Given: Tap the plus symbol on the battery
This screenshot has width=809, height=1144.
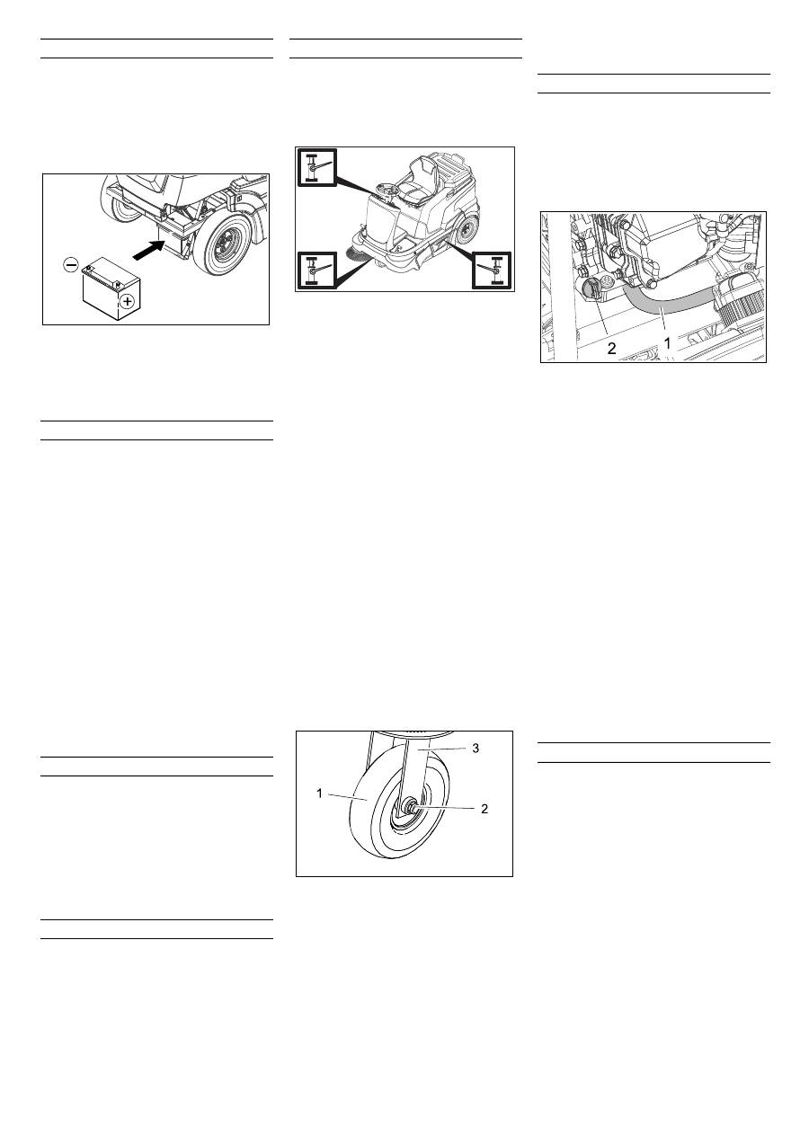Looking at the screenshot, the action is tap(126, 302).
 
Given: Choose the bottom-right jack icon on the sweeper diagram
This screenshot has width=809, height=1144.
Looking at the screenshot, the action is tap(492, 270).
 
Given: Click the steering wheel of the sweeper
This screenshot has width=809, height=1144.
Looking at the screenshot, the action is tap(387, 190).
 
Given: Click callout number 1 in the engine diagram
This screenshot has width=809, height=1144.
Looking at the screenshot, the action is tap(667, 343).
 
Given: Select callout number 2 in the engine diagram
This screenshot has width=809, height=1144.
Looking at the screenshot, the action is tap(611, 349).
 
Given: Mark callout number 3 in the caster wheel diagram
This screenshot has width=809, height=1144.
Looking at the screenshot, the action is tap(476, 749).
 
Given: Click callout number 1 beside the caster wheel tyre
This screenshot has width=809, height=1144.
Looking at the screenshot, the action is tap(320, 794).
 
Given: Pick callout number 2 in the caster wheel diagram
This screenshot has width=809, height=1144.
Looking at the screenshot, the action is tap(485, 809).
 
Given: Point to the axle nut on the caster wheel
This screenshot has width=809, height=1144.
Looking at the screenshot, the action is tap(410, 807).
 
